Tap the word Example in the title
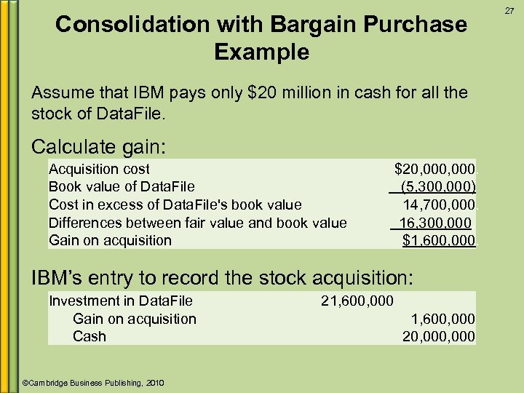[262, 52]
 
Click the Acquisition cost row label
[99, 169]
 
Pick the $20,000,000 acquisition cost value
[434, 169]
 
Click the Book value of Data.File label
[122, 186]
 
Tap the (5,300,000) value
[438, 186]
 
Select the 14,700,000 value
[439, 205]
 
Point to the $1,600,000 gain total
[438, 240]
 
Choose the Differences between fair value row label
[197, 223]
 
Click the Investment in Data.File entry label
[121, 301]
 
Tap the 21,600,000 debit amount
[357, 301]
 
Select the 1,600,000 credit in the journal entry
[442, 319]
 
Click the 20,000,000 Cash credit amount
[439, 336]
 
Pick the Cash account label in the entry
[89, 336]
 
